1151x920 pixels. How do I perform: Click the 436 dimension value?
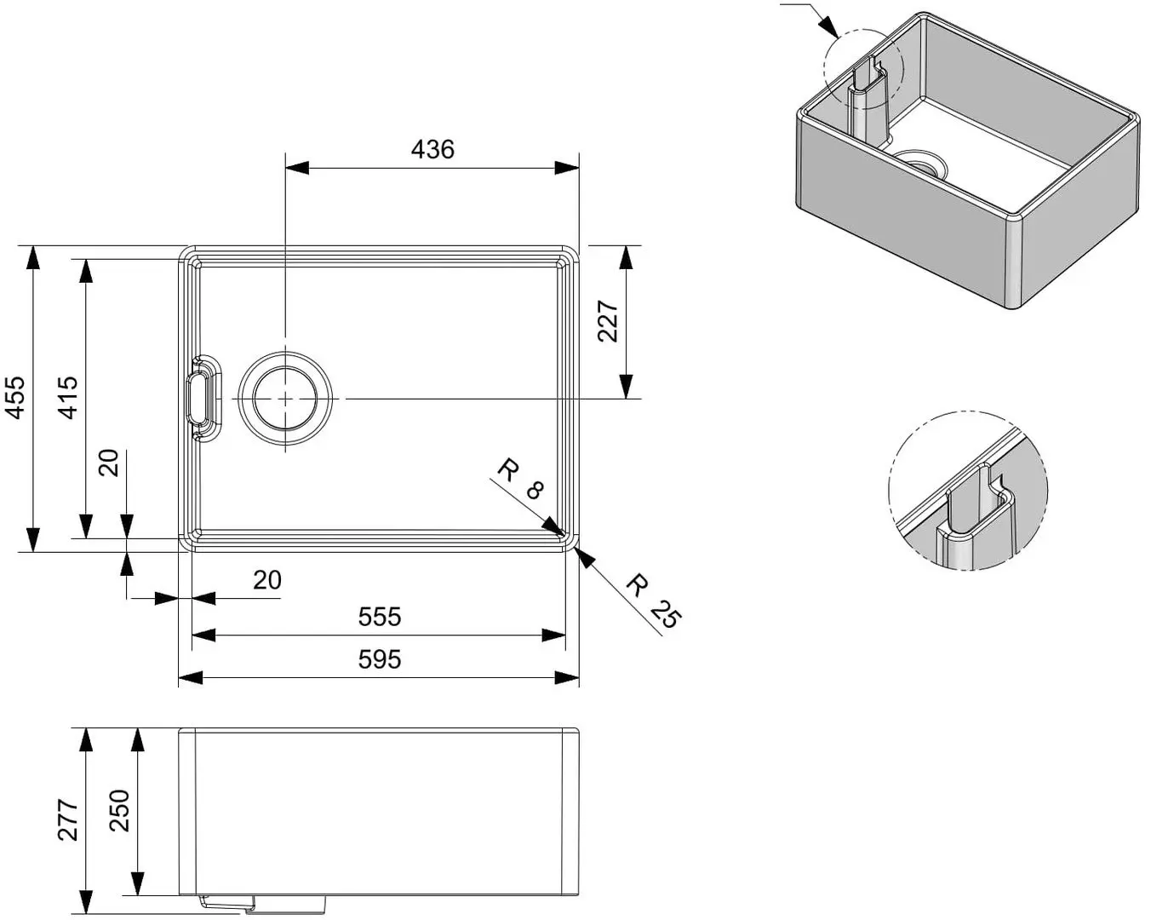pos(432,150)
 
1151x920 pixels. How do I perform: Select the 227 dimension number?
pos(607,321)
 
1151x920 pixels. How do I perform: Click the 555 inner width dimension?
pos(379,617)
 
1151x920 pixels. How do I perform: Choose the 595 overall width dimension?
pos(379,659)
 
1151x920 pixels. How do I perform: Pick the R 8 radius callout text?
pos(519,480)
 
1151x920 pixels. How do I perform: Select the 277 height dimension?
pos(67,820)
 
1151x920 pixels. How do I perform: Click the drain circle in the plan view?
pos(284,399)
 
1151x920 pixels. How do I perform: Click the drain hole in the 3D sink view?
pos(919,161)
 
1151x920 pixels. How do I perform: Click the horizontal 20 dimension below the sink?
pos(267,580)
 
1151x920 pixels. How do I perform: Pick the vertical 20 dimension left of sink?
pos(110,463)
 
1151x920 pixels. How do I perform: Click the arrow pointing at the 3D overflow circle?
pos(827,26)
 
